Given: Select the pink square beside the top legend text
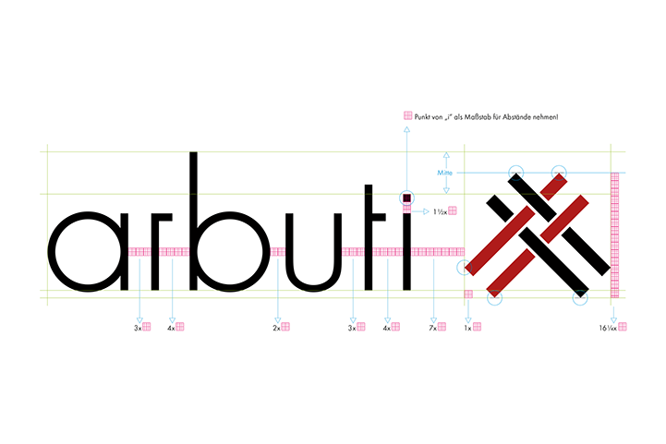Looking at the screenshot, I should click(x=408, y=115).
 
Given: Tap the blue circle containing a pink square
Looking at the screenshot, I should click(x=406, y=197).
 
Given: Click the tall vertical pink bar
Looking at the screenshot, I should click(x=615, y=234).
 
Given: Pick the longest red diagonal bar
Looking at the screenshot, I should click(x=502, y=240).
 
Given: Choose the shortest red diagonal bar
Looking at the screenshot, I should click(x=553, y=187).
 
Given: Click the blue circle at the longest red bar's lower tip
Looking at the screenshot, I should click(x=465, y=268).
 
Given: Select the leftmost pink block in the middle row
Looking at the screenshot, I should click(x=139, y=252).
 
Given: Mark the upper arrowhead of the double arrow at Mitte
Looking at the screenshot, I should click(x=446, y=155).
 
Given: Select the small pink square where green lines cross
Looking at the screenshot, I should click(x=468, y=294).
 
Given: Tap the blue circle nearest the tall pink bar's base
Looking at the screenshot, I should click(x=580, y=297).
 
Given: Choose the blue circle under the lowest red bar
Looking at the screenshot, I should click(x=494, y=297).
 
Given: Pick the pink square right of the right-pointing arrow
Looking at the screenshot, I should click(x=453, y=210).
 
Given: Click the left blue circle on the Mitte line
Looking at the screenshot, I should click(x=515, y=173).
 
